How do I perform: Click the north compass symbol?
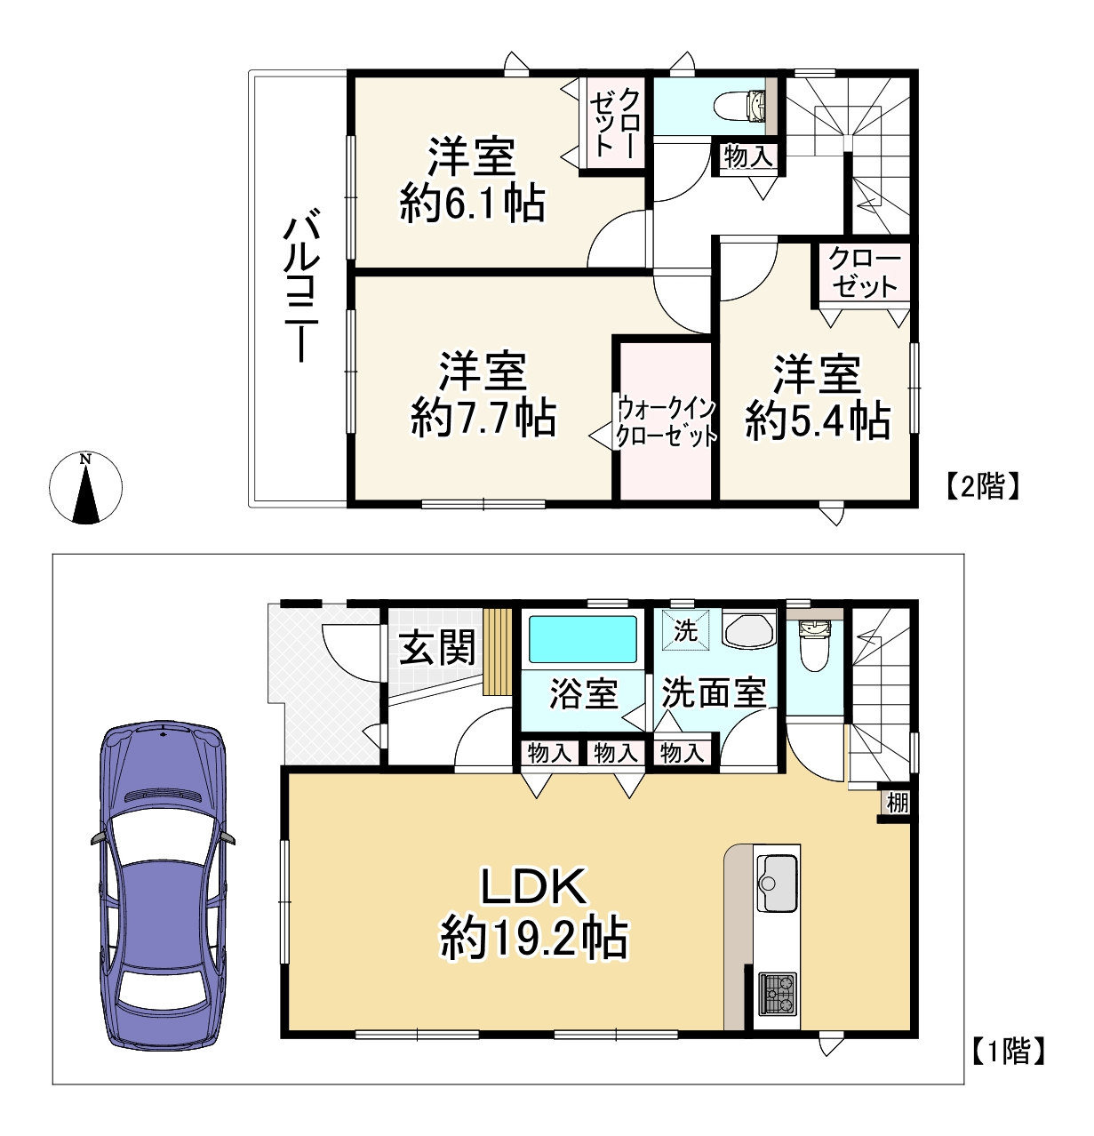[x=86, y=487]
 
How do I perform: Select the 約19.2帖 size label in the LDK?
[x=533, y=939]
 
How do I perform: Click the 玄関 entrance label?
[x=436, y=647]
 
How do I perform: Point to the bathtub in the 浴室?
[x=583, y=639]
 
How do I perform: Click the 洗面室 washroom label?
[x=714, y=693]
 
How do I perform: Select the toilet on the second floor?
[x=739, y=105]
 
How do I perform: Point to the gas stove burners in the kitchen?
[x=777, y=994]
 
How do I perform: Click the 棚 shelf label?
[x=898, y=802]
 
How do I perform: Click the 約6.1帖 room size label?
[x=472, y=204]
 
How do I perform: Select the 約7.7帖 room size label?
[x=484, y=418]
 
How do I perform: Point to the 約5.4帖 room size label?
[x=818, y=420]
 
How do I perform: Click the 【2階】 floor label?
[x=982, y=485]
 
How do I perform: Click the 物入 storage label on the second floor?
[x=748, y=156]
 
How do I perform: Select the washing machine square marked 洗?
[x=686, y=630]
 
